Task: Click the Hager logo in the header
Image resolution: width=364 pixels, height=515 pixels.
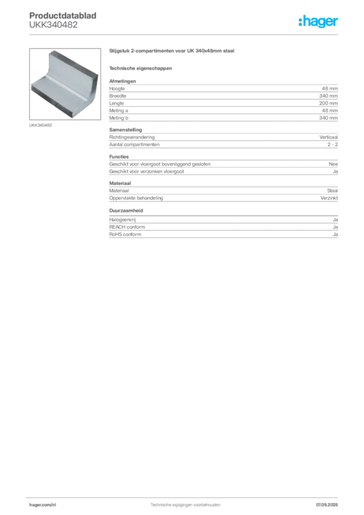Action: tap(318, 22)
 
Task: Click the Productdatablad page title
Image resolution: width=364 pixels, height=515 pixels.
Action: tap(63, 16)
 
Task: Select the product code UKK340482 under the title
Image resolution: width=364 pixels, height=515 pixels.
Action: tap(53, 25)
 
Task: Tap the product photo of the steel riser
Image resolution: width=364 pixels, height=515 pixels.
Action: tap(65, 84)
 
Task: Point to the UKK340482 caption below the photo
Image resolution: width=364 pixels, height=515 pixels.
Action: tap(41, 125)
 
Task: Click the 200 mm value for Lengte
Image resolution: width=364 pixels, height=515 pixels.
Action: tap(328, 103)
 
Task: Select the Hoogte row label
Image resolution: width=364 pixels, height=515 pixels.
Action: tap(117, 89)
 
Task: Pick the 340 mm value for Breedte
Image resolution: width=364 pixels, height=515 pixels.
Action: tap(328, 96)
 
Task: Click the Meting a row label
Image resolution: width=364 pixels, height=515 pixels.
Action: tap(119, 111)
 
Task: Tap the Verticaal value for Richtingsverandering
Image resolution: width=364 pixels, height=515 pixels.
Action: tap(328, 137)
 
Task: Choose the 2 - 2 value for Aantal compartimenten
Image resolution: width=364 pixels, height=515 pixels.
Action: tap(332, 144)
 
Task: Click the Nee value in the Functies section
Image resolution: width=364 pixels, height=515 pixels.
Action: tap(333, 164)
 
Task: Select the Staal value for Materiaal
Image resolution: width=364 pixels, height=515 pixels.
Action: tap(332, 191)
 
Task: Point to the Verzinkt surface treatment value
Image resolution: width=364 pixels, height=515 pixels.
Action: tap(329, 198)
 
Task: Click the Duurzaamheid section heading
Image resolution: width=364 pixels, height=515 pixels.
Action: tap(126, 211)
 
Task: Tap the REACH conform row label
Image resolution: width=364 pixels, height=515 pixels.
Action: tap(127, 227)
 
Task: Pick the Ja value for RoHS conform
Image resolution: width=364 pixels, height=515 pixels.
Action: tap(335, 234)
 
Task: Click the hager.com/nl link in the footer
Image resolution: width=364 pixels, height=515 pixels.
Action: tap(43, 505)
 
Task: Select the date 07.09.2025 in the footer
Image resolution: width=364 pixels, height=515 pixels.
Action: tap(327, 505)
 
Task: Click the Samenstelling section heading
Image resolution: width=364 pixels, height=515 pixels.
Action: tap(126, 130)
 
